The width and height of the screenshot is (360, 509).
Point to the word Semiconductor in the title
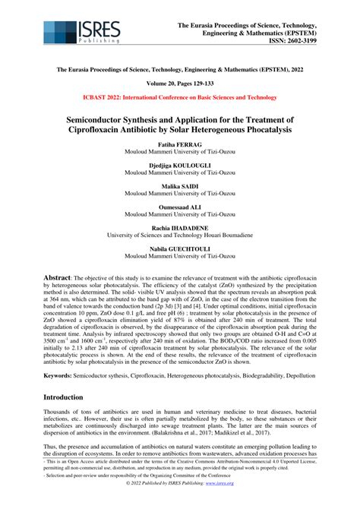click(109, 119)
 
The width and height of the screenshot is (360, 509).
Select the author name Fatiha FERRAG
click(179, 144)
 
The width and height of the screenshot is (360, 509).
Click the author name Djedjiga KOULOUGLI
click(179, 165)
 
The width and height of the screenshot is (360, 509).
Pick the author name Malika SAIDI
click(179, 186)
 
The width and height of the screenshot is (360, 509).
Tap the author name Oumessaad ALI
click(179, 207)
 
